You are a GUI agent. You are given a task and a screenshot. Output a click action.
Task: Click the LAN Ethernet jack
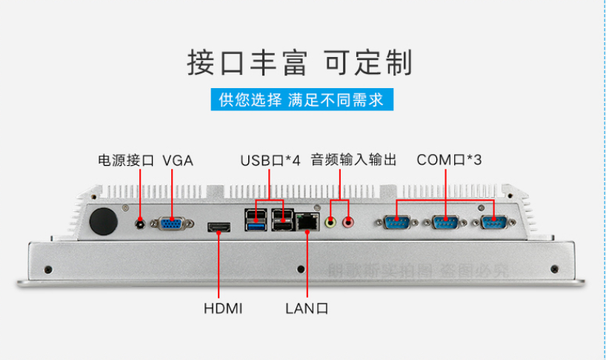click(x=305, y=221)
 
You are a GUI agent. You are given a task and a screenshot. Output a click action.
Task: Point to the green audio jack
click(x=331, y=220)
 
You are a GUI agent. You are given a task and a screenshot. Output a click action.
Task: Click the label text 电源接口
click(x=126, y=160)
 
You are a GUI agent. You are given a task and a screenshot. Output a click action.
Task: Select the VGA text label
click(x=178, y=160)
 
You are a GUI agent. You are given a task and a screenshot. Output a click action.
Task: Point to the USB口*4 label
click(x=270, y=160)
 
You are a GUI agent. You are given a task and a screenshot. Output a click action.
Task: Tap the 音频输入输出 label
click(x=354, y=160)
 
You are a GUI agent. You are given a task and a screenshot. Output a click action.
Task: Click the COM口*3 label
click(x=449, y=160)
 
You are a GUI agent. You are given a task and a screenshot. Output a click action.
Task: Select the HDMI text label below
click(x=223, y=307)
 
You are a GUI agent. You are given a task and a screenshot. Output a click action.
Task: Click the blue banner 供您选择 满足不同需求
click(x=302, y=100)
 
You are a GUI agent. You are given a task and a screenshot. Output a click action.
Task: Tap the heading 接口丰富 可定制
click(x=299, y=63)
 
